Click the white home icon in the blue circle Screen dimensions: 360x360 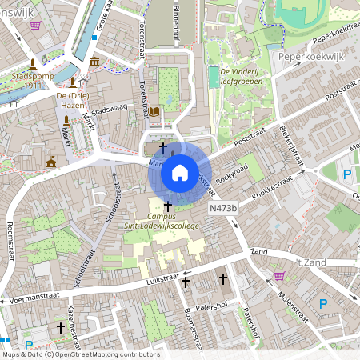(x=180, y=172)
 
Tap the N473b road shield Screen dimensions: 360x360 (x=224, y=208)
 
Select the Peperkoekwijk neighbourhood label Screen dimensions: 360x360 (x=310, y=58)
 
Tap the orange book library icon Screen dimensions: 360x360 (x=154, y=111)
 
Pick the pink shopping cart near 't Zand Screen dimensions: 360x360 (x=279, y=276)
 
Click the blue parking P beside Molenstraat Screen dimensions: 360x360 (x=322, y=303)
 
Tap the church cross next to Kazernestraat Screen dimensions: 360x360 (x=60, y=327)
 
